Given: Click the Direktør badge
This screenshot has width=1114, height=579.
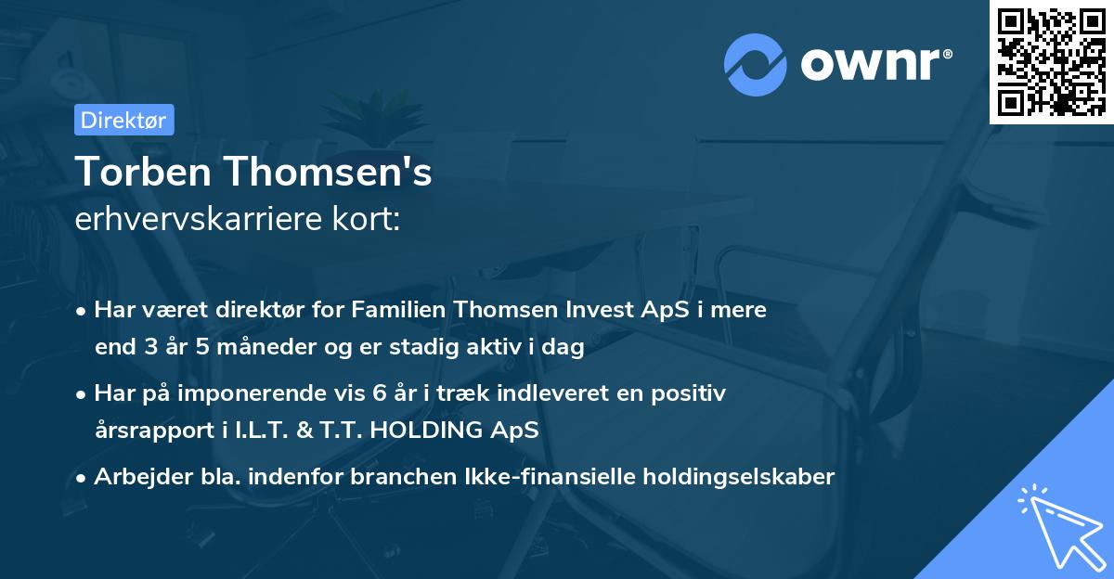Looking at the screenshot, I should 123,120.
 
